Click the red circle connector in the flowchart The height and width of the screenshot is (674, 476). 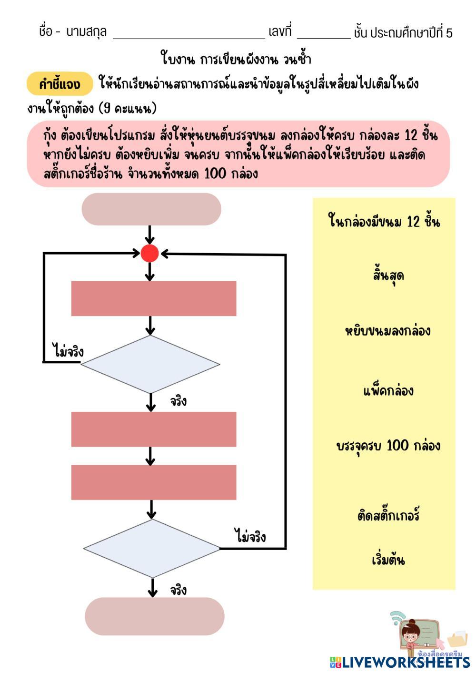tap(149, 253)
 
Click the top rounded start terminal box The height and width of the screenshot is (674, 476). tap(151, 209)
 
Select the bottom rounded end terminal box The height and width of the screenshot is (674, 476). tap(154, 616)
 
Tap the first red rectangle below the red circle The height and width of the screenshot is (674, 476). tap(154, 298)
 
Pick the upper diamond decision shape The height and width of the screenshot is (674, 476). tap(150, 364)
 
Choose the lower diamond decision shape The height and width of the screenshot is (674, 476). tap(152, 548)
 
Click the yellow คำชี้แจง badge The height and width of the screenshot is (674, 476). tap(59, 84)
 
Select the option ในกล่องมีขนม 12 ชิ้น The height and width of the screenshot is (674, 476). tap(384, 222)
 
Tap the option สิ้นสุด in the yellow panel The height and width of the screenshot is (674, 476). tap(388, 276)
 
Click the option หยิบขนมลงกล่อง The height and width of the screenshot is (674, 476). tap(387, 331)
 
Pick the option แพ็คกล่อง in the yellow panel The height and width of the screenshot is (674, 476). tap(388, 391)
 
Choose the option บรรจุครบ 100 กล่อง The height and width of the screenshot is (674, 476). tap(388, 446)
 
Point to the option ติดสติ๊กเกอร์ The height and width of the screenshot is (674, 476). tap(388, 516)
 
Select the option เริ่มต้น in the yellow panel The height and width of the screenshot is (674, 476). tap(388, 559)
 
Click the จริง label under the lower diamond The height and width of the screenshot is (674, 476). tap(178, 590)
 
